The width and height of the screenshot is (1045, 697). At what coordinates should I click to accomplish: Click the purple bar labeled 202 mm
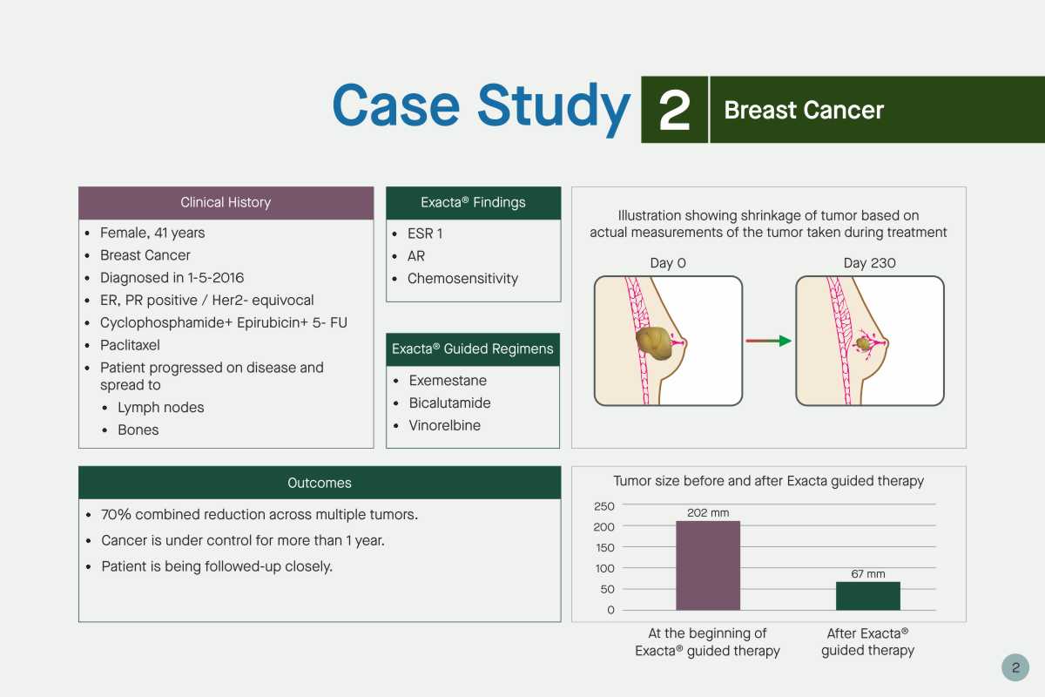click(x=708, y=565)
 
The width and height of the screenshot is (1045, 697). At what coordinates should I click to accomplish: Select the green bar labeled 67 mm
click(x=867, y=596)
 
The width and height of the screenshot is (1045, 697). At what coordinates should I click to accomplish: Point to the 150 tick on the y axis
click(x=605, y=548)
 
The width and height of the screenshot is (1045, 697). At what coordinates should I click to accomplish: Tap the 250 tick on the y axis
click(x=604, y=506)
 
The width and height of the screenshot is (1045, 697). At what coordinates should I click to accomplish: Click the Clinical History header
click(x=226, y=203)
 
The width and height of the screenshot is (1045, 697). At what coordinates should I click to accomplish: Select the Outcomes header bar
click(x=320, y=483)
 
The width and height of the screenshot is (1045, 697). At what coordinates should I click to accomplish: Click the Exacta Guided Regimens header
click(x=473, y=349)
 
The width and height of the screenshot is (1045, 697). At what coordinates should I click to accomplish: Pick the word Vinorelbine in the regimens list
click(x=445, y=425)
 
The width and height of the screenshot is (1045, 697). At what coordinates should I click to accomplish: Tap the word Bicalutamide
click(x=449, y=403)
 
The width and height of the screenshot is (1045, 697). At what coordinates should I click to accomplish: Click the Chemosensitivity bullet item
click(x=462, y=279)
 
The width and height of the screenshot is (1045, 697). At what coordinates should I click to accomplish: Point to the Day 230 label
click(x=870, y=263)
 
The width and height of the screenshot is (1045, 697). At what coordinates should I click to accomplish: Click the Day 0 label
click(x=668, y=263)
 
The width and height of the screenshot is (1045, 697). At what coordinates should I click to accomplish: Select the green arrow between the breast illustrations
click(x=768, y=341)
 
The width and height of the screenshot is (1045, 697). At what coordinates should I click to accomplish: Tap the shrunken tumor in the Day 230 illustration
click(x=864, y=344)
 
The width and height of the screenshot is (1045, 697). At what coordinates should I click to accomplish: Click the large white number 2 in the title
click(x=674, y=110)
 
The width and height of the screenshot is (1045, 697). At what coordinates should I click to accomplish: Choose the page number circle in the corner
click(x=1015, y=667)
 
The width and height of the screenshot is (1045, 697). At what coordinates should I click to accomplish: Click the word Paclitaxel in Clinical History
click(x=130, y=345)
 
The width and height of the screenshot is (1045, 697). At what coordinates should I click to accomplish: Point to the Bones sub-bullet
click(x=138, y=430)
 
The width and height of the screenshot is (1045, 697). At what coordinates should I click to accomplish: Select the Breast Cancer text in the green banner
click(x=804, y=110)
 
